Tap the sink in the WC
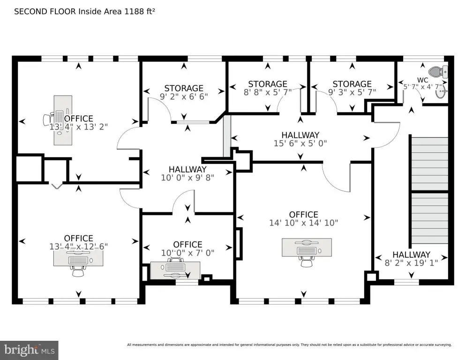441,93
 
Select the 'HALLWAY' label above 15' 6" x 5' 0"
300,135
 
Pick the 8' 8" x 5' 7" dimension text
267,92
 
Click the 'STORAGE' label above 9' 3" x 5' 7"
352,84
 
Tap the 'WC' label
422,79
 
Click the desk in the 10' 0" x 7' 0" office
175,269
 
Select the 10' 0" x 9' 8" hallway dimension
188,178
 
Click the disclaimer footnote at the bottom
289,345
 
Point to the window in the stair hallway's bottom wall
406,282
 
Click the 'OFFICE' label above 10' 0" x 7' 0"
188,244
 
